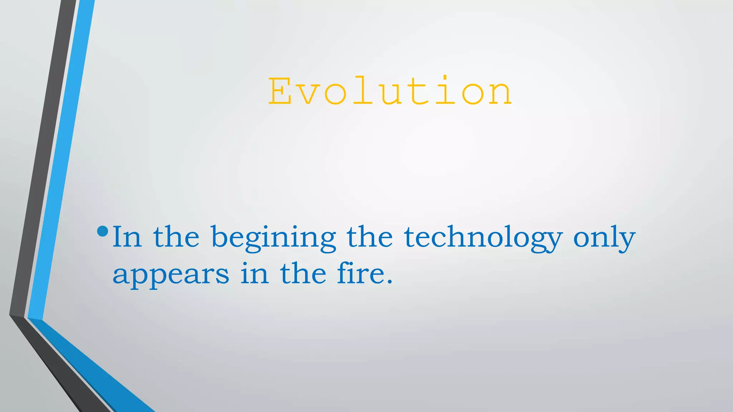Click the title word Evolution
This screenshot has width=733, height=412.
(x=390, y=92)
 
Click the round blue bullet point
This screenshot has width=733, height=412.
(x=102, y=231)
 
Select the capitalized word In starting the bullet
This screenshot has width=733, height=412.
(x=127, y=237)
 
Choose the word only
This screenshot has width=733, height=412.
(x=604, y=238)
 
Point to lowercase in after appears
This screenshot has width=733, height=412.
(x=254, y=273)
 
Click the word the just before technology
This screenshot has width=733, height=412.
(x=370, y=237)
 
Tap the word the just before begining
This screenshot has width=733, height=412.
(x=176, y=237)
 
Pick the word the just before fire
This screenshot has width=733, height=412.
(x=303, y=273)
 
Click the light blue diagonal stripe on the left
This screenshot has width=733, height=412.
(x=61, y=161)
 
